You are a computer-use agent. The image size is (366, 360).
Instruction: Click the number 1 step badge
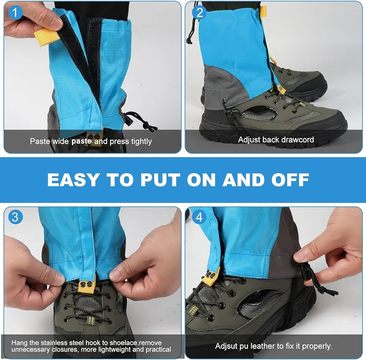[15, 12]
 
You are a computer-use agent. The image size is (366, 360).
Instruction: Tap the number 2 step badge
[199, 12]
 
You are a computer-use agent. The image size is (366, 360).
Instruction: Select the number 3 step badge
[15, 217]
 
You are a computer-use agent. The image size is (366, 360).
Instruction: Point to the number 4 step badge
[199, 217]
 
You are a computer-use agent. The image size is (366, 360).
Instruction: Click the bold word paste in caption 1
[82, 141]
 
